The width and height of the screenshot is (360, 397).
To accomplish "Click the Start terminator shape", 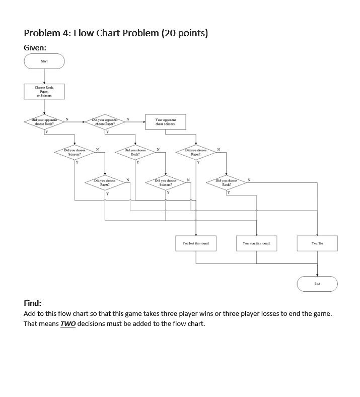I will tap(44, 61).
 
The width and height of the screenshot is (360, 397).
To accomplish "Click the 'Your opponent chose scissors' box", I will tap(166, 121).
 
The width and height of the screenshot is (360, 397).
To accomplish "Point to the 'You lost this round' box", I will tap(196, 243).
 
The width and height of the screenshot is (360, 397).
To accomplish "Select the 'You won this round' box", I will tap(256, 243).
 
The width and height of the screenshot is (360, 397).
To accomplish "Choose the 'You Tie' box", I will tap(317, 243).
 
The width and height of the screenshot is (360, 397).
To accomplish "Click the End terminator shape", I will tap(317, 284).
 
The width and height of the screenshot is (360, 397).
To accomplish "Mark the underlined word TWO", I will tap(68, 323).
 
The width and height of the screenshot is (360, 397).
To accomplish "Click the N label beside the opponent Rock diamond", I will tap(67, 119).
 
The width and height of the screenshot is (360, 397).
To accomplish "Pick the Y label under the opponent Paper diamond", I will tap(107, 133).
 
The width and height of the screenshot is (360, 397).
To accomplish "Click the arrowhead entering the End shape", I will tap(317, 275).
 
